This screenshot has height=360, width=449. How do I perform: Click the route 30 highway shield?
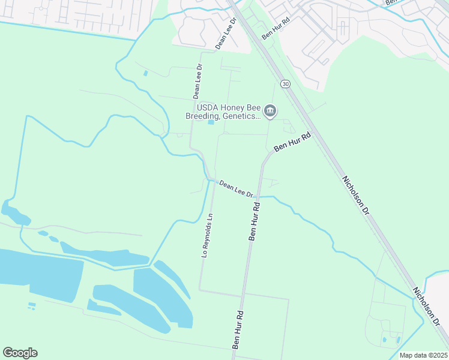click(x=285, y=84)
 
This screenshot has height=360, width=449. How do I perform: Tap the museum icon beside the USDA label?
click(x=270, y=111)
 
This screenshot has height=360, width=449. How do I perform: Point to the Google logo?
click(x=20, y=353)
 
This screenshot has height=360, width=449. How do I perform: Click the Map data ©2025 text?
click(x=423, y=355)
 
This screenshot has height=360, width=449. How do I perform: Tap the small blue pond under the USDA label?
click(x=211, y=123)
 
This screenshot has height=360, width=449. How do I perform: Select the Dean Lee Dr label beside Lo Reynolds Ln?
click(x=236, y=188)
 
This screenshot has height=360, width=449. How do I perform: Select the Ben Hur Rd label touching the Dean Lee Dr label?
click(x=255, y=221)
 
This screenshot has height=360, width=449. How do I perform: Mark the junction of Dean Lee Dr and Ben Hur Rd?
click(x=258, y=197)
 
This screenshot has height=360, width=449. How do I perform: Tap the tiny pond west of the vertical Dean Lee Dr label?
click(x=146, y=73)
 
